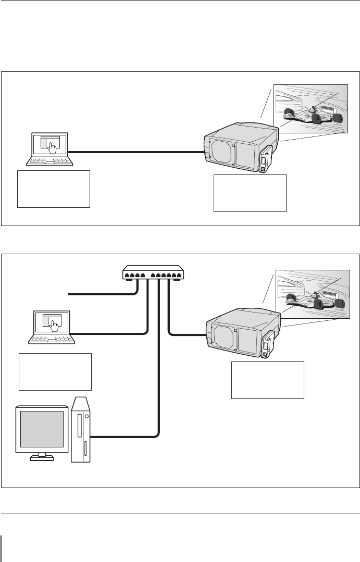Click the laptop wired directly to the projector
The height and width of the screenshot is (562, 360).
(x=49, y=149)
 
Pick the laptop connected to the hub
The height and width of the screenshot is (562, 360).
(x=52, y=327)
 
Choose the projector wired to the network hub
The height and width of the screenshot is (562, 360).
(x=240, y=333)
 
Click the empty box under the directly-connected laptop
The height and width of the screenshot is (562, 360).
(x=54, y=189)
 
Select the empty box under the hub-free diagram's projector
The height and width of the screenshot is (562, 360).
(x=250, y=193)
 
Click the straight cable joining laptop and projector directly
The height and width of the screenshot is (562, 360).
(x=135, y=152)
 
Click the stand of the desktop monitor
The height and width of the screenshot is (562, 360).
(x=42, y=457)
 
